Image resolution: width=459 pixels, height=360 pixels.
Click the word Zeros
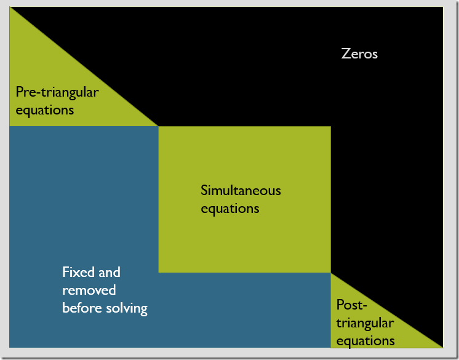click(359, 54)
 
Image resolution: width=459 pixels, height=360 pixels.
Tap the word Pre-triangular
click(57, 92)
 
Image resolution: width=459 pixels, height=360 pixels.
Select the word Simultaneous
click(241, 190)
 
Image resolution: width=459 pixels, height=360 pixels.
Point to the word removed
click(89, 290)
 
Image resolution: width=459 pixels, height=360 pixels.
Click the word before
click(81, 308)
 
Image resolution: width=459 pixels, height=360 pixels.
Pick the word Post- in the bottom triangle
click(352, 305)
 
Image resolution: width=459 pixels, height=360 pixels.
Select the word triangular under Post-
click(365, 323)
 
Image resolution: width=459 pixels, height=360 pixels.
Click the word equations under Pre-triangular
click(45, 110)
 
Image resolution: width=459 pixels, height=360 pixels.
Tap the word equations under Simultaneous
click(229, 208)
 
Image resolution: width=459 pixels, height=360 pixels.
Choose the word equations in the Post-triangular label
click(365, 340)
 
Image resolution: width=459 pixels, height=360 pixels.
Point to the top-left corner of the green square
click(159, 127)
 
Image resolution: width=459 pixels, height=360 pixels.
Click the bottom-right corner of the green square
click(330, 272)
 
